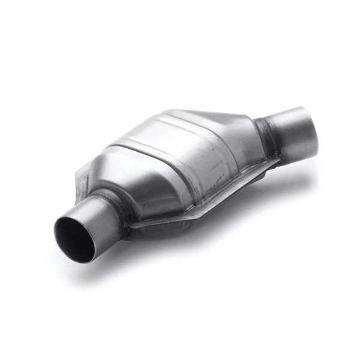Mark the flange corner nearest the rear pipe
(x=277, y=161)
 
